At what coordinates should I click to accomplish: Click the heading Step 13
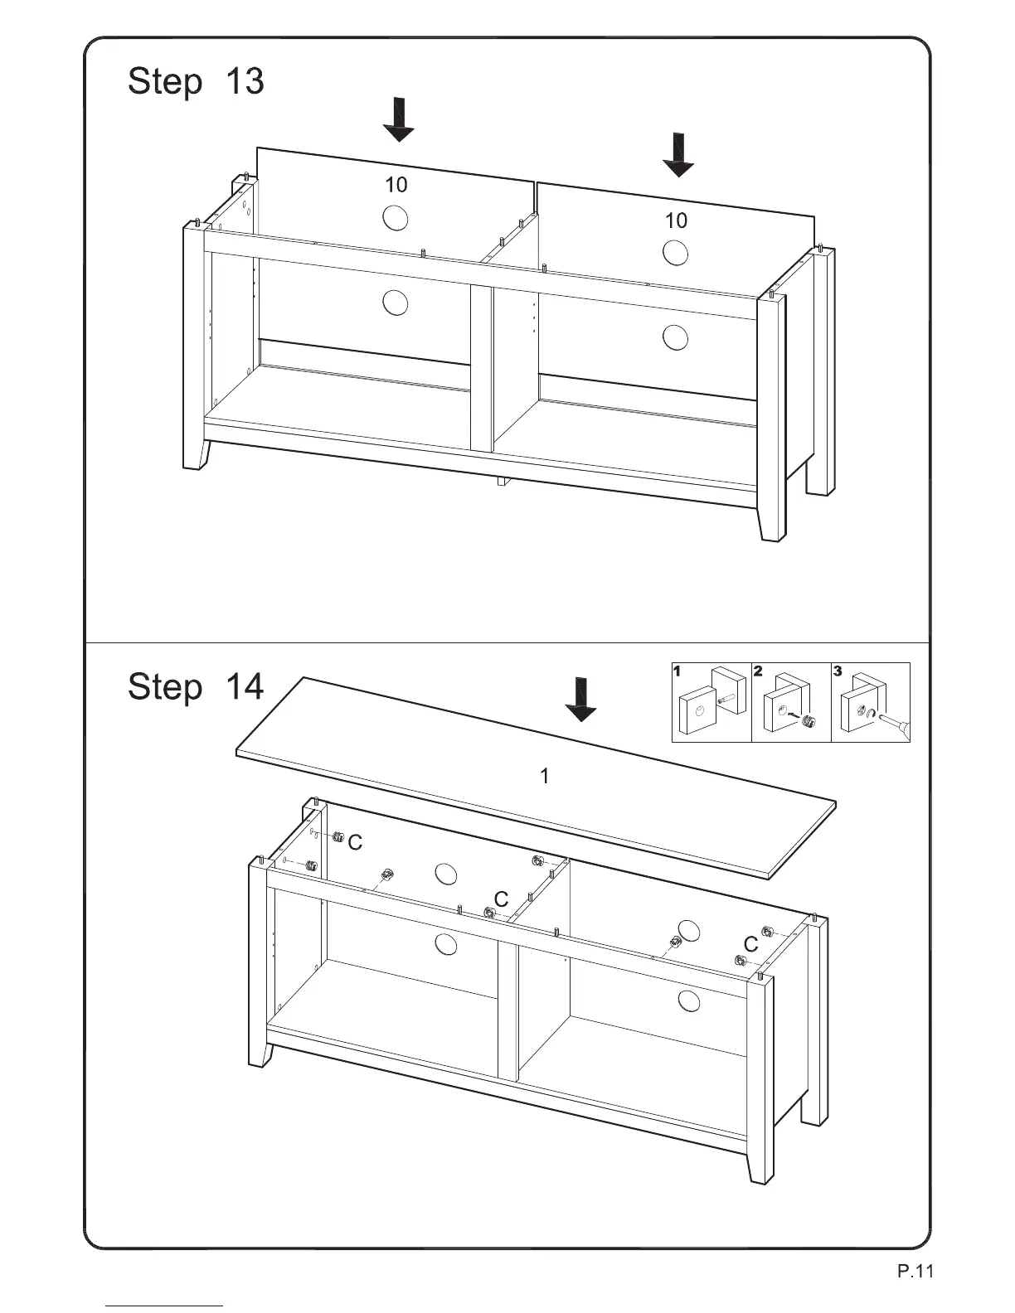196,82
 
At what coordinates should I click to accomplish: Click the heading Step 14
196,687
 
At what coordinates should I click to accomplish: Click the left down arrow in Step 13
399,119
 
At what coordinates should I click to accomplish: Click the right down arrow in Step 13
679,155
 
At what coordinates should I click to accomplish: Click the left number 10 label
396,185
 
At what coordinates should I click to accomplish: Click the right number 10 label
676,220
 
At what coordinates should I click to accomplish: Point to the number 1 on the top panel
544,777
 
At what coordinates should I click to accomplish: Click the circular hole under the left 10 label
396,218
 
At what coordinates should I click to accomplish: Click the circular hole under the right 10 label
676,253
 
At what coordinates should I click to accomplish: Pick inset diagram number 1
711,703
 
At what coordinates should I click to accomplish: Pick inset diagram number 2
790,703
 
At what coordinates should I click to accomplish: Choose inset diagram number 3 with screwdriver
870,703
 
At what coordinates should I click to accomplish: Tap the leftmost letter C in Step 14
356,843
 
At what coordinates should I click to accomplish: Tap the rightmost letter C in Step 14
751,944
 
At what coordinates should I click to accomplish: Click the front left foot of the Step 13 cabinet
197,454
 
